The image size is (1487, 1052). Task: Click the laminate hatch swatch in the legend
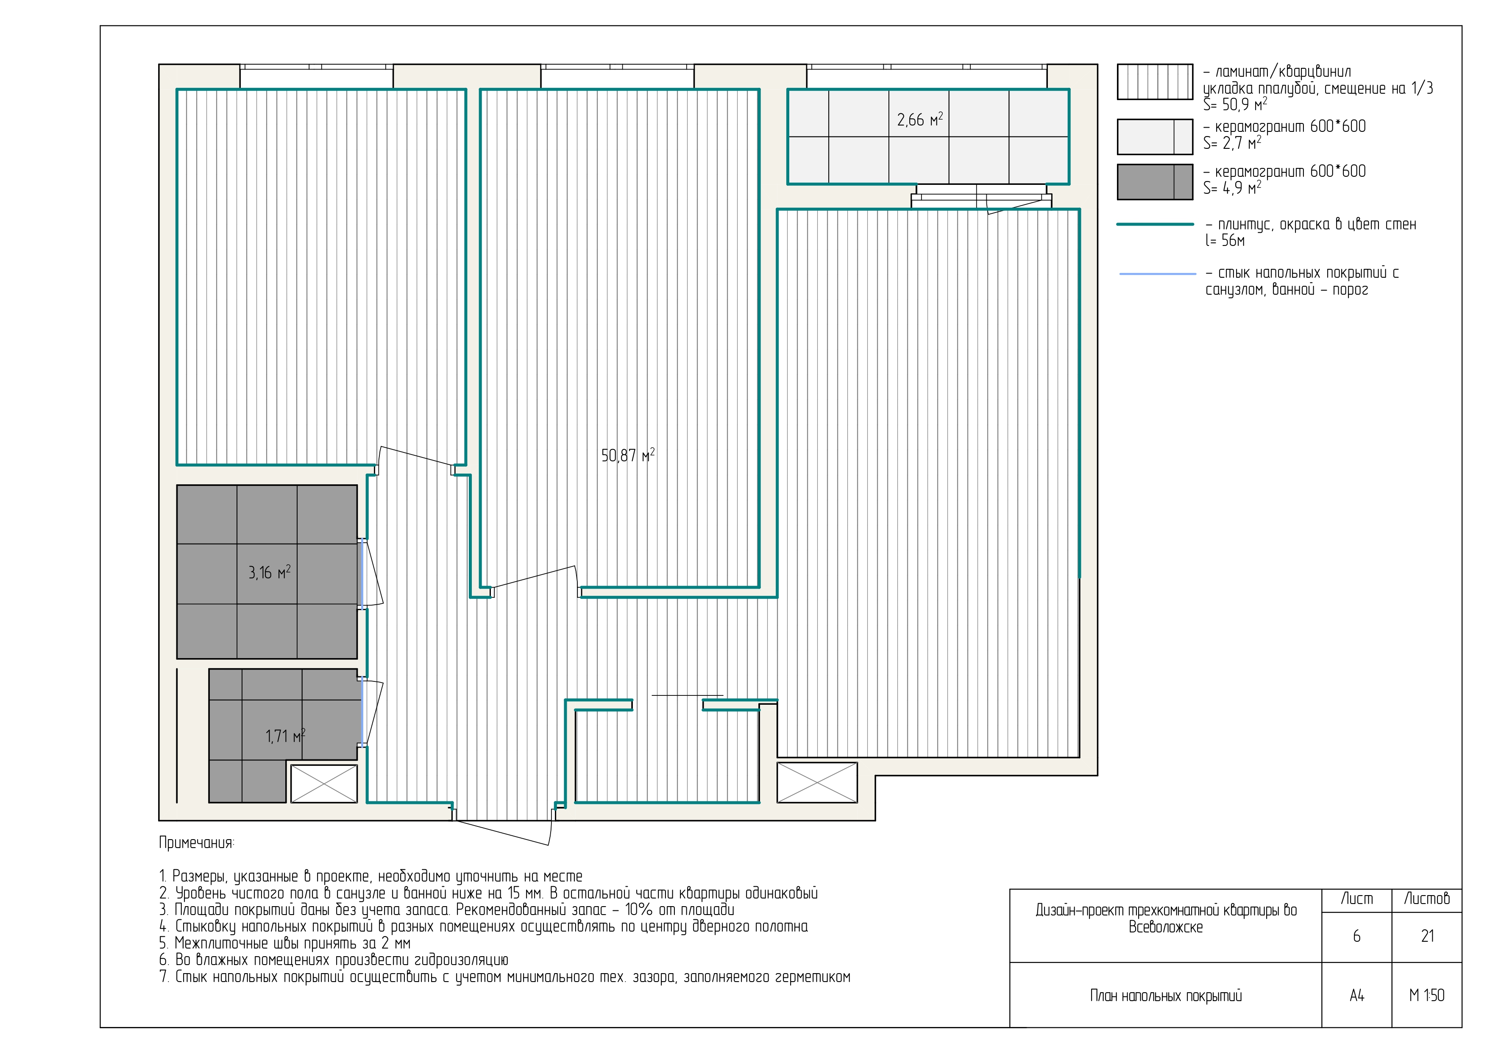(x=1155, y=81)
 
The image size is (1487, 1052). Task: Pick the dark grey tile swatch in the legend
(x=1155, y=181)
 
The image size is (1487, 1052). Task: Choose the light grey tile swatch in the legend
(x=1155, y=137)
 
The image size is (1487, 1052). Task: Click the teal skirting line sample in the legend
(x=1155, y=224)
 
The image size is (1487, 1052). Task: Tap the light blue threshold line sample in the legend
(x=1157, y=274)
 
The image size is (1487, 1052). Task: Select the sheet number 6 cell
(x=1356, y=937)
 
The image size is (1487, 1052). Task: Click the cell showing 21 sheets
(x=1427, y=937)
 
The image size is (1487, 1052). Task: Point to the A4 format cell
(x=1356, y=996)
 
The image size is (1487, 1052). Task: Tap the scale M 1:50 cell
(x=1427, y=996)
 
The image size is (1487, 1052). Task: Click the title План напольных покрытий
(x=1166, y=996)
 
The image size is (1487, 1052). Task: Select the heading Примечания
(x=197, y=843)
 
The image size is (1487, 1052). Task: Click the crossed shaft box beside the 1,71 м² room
(x=324, y=784)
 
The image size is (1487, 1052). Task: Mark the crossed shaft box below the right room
(x=817, y=782)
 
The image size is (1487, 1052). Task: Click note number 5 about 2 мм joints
(x=285, y=943)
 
